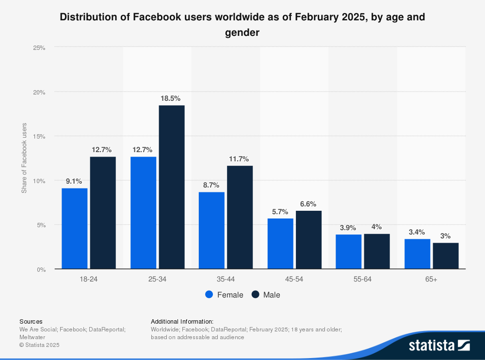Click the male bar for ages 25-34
(x=172, y=187)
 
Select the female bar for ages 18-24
(x=74, y=228)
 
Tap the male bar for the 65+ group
(x=446, y=256)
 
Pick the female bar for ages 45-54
(x=280, y=244)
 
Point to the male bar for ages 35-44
(x=240, y=217)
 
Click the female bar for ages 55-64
(x=349, y=251)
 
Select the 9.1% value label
(x=74, y=181)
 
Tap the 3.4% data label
(x=417, y=232)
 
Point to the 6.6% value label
(x=308, y=204)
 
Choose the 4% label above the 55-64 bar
(x=377, y=227)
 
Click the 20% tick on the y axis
(x=39, y=92)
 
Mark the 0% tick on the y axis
(x=41, y=269)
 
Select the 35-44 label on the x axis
(x=226, y=280)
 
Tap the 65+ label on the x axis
(x=431, y=280)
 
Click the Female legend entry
(x=224, y=295)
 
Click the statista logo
(x=439, y=345)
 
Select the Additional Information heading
(x=182, y=321)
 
